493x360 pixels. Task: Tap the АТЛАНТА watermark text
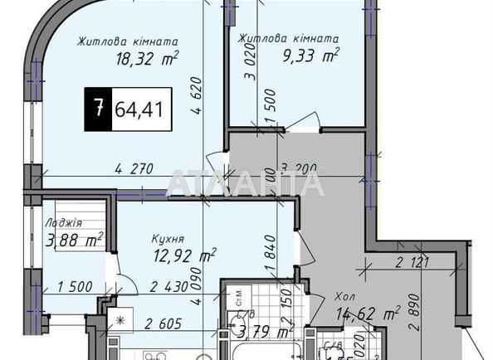pyautogui.click(x=247, y=182)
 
